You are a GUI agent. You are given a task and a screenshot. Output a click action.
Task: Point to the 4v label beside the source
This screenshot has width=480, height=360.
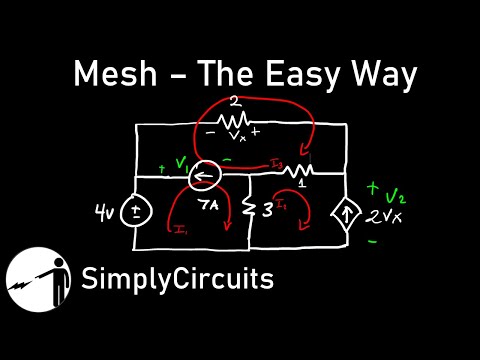click(x=103, y=211)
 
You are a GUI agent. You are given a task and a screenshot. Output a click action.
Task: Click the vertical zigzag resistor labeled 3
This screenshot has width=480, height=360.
click(x=247, y=210)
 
